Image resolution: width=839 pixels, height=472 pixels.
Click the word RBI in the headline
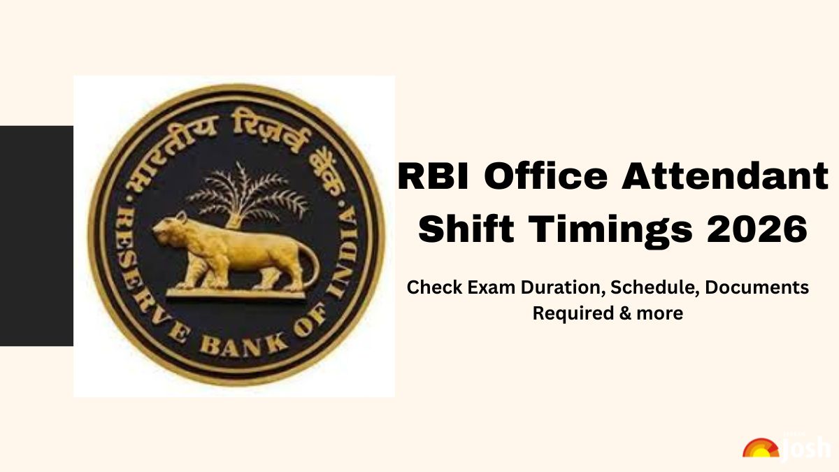pos(433,176)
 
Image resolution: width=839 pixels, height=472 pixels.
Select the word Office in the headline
pos(545,176)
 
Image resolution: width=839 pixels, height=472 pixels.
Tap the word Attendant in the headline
pos(725,176)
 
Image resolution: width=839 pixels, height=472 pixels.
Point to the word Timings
pos(610,230)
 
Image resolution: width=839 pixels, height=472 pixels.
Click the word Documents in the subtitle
pos(757,287)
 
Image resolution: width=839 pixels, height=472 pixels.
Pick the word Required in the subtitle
pos(573,313)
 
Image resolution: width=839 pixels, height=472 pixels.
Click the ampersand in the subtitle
pos(625,313)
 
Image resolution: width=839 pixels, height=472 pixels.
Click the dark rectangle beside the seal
pos(36,236)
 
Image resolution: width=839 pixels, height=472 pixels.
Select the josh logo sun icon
pos(761,448)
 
